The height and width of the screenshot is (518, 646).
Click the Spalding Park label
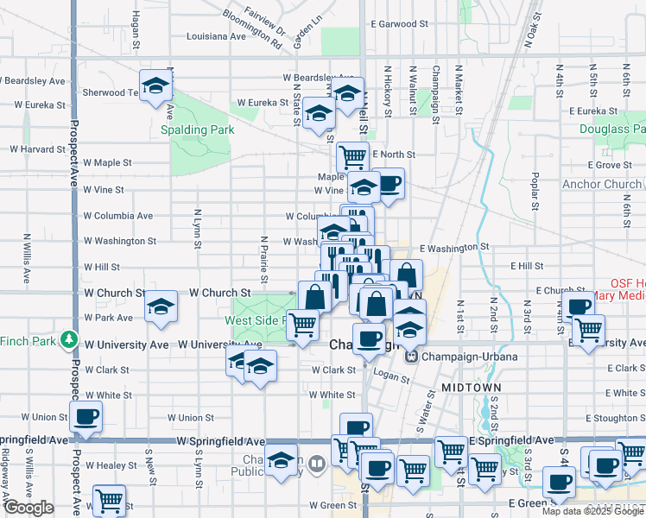pos(198,130)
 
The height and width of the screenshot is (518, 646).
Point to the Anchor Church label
pos(602,185)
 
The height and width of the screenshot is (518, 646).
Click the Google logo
pos(29,508)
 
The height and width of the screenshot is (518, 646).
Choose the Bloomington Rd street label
pos(251,29)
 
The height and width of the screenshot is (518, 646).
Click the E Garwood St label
pos(398,25)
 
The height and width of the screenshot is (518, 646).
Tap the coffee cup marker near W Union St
pos(85,418)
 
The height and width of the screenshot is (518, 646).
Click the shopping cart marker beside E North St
pos(352,157)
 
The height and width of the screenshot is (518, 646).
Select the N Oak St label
pos(530,30)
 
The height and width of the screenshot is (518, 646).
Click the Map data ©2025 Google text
pos(592,511)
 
